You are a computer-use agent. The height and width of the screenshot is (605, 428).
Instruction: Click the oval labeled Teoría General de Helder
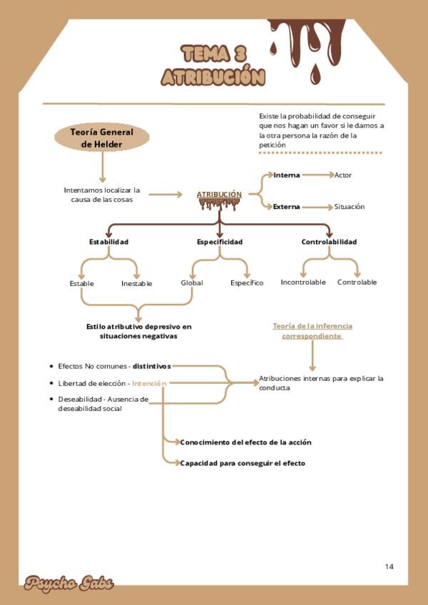click(102, 138)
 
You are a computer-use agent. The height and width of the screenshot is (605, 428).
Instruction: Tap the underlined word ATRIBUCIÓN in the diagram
click(219, 194)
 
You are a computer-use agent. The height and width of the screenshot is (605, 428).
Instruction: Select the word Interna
click(287, 175)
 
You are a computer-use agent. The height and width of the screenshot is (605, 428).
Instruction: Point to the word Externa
click(287, 207)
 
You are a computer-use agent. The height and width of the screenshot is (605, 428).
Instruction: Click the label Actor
click(343, 175)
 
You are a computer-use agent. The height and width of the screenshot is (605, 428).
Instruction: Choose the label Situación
click(350, 207)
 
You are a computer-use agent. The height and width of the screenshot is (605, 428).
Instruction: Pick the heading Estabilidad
click(108, 242)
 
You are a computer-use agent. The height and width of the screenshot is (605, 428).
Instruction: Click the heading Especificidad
click(220, 242)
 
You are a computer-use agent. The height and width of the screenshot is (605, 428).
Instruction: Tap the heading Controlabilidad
click(329, 242)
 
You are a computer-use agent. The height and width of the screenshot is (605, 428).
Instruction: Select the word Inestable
click(136, 283)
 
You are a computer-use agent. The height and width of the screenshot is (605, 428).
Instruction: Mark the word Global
click(192, 283)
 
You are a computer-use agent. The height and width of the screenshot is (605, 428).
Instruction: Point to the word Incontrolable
click(303, 282)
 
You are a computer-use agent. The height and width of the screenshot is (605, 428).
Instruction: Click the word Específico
click(247, 283)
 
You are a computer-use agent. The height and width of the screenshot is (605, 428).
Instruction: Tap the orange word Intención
click(149, 383)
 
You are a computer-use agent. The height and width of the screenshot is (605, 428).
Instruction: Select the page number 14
click(389, 566)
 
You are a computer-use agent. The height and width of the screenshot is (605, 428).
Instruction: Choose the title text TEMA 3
click(214, 54)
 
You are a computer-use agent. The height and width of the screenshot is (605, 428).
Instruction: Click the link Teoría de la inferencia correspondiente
click(312, 330)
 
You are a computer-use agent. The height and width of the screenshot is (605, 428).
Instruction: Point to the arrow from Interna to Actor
click(317, 175)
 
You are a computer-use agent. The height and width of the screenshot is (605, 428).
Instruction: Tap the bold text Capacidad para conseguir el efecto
click(243, 463)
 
